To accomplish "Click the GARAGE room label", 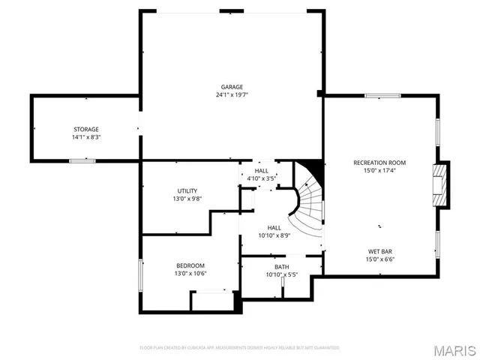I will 231,87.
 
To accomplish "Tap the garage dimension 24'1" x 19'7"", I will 231,95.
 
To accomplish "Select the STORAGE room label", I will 85,130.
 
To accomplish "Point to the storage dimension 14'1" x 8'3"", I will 85,138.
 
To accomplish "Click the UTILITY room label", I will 187,190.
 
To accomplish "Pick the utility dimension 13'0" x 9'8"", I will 187,199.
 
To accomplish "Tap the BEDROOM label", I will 190,265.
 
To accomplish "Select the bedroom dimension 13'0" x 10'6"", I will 190,274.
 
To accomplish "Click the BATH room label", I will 281,267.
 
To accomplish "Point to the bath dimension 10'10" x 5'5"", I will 281,275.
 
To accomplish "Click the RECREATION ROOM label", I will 379,163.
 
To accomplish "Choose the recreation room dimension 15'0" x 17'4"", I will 379,171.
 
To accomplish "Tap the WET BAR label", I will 379,251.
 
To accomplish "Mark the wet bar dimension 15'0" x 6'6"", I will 379,259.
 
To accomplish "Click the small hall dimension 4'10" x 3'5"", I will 262,178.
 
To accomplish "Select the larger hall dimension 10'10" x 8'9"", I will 274,235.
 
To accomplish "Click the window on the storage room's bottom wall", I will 82,160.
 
